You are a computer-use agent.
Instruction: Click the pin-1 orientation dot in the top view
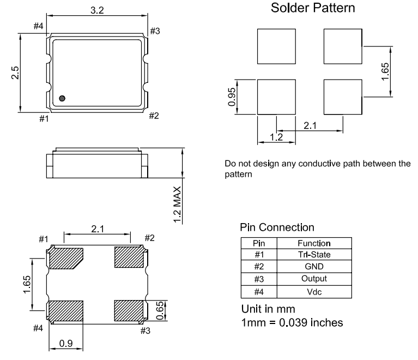62,99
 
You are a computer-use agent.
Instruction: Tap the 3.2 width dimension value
97,10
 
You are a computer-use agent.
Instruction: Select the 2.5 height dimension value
15,73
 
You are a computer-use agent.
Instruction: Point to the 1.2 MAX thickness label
177,205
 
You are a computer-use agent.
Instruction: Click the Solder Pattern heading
313,8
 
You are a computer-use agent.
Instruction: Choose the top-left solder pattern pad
276,46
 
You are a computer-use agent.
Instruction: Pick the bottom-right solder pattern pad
343,97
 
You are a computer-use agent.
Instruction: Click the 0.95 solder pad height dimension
232,97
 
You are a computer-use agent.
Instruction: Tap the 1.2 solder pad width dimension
276,137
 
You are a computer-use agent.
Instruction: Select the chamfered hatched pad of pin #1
65,258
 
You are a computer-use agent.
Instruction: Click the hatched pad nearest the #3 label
129,311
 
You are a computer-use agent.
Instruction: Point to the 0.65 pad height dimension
160,310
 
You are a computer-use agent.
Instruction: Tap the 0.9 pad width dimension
66,343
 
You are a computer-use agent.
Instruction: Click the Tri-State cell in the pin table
314,255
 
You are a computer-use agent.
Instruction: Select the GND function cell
314,266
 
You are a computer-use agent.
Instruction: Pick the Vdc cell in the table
314,292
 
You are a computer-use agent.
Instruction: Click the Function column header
314,243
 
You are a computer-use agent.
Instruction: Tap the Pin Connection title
277,227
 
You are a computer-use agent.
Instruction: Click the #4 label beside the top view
38,26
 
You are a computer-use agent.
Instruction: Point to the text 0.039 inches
311,323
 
